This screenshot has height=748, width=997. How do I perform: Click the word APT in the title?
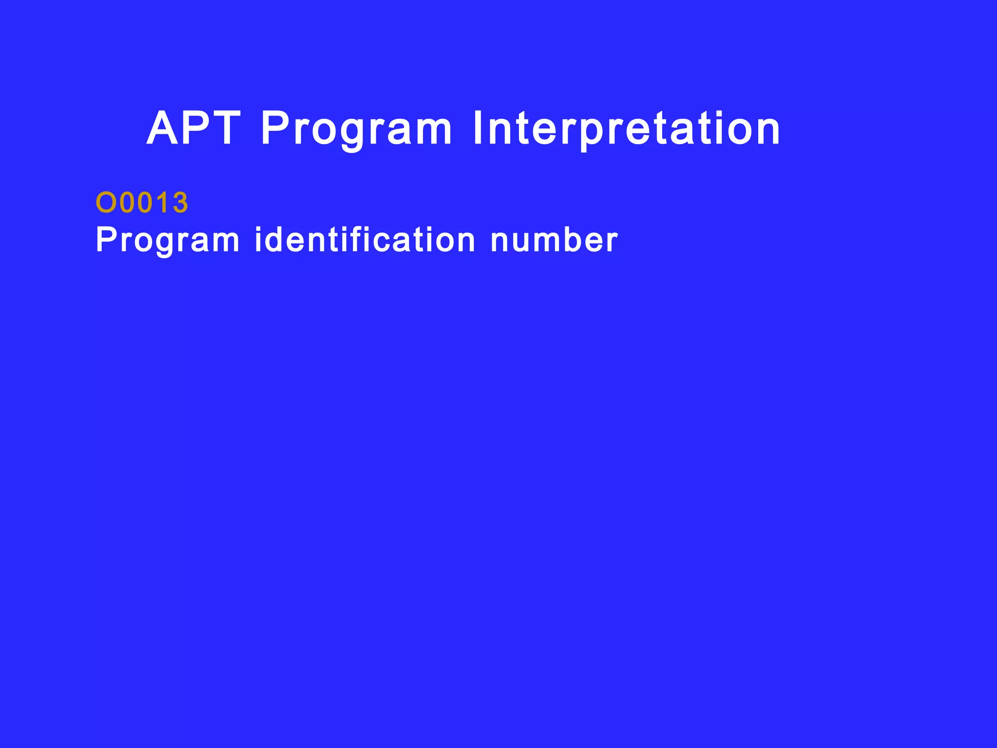point(194,129)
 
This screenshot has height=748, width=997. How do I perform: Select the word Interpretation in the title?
point(627,129)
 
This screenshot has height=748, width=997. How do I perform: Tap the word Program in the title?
point(357,130)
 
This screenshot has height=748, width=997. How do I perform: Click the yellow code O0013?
point(142,203)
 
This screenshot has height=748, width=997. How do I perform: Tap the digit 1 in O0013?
point(163,203)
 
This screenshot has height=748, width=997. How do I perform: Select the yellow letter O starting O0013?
point(105,203)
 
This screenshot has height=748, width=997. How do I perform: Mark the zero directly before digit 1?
point(146,203)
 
